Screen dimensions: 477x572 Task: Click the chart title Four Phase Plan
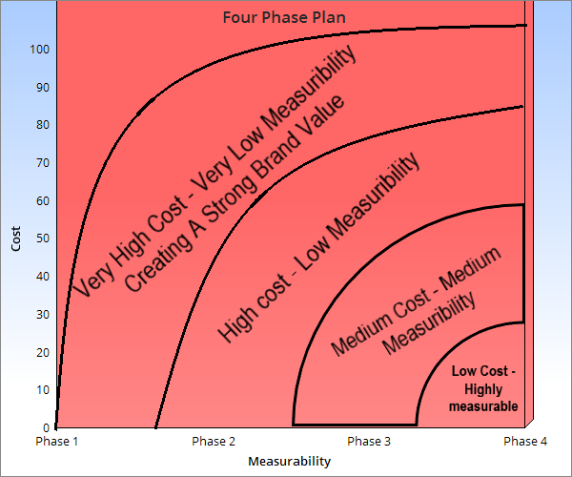coord(284,17)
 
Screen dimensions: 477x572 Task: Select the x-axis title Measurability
coord(289,461)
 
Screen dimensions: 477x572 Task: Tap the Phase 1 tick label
coord(56,441)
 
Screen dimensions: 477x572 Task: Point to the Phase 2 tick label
coord(214,441)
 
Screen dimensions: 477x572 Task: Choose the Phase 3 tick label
coord(368,441)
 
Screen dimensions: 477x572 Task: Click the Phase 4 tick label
coord(525,441)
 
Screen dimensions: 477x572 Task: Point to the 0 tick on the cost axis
coord(45,426)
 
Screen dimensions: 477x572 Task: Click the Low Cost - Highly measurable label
coord(483,388)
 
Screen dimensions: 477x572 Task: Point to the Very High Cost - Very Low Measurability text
coord(214,172)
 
